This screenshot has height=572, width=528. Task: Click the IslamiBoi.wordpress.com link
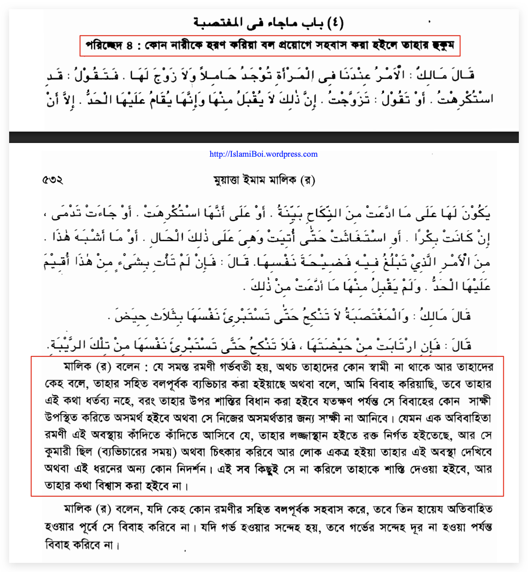[x=263, y=154]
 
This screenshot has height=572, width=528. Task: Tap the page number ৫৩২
[x=53, y=180]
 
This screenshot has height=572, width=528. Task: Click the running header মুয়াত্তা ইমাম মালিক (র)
[x=264, y=180]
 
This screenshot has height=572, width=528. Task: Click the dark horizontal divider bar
[x=264, y=137]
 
